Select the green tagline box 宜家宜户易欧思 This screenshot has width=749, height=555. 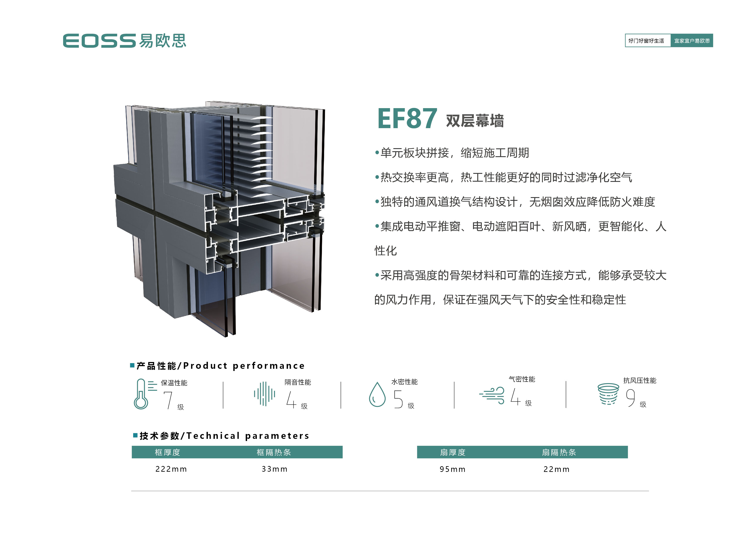[692, 41]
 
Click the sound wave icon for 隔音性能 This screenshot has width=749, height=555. [264, 394]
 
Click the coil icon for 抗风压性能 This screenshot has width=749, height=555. [608, 394]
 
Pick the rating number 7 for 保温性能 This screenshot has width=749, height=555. [168, 400]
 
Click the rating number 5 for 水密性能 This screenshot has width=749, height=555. [398, 399]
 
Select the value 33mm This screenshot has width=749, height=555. [274, 469]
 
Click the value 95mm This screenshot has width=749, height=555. [452, 469]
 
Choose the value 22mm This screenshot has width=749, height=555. [556, 469]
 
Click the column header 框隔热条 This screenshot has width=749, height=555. [274, 452]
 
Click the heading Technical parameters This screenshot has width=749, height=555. [248, 436]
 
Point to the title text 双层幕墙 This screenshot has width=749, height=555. [475, 121]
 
